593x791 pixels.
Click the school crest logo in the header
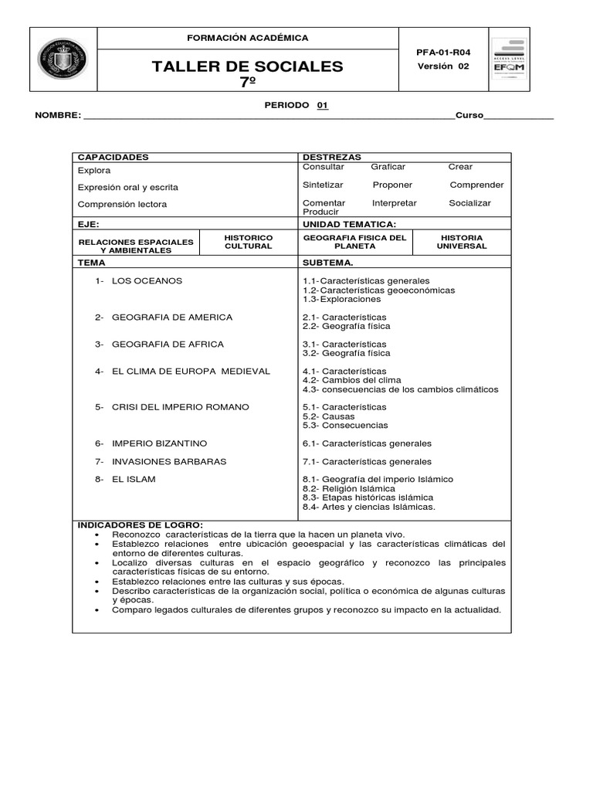pos(63,59)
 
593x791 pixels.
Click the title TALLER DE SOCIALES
pos(248,66)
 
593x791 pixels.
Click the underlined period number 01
pos(323,105)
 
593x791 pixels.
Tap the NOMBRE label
pos(57,116)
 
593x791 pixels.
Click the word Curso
pos(469,116)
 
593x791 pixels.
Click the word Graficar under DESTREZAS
pos(388,167)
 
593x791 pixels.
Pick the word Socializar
pos(469,203)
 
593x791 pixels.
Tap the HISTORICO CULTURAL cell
pos(248,242)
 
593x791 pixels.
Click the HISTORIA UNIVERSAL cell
pos(462,242)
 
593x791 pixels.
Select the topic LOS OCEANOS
pos(147,280)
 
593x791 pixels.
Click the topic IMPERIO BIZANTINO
pos(159,443)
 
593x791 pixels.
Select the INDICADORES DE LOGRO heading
pos(140,525)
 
